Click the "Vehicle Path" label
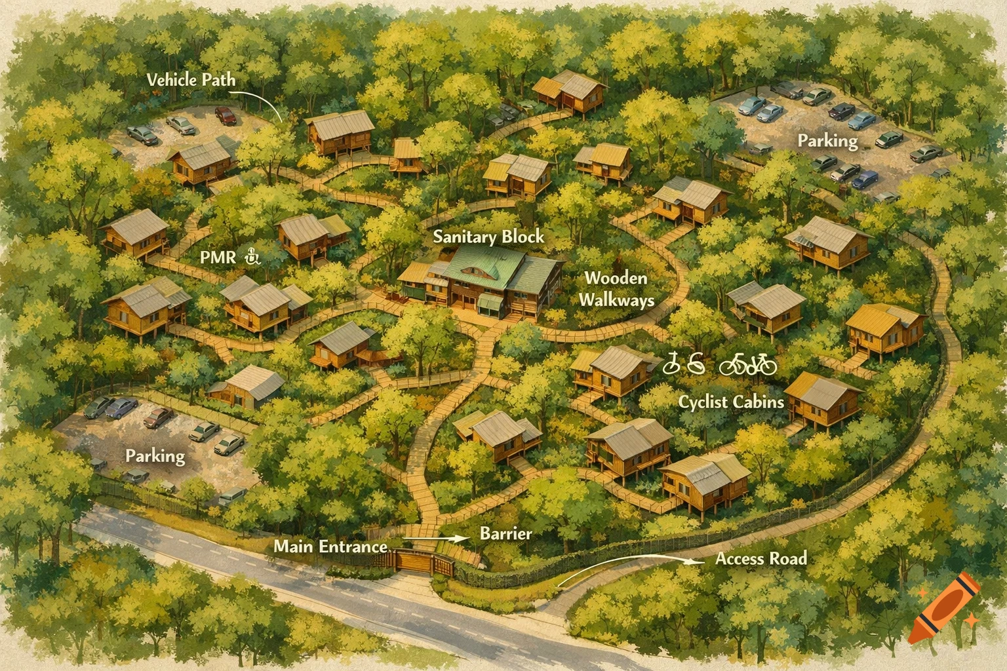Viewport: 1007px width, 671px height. point(191,80)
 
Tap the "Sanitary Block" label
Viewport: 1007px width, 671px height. point(488,237)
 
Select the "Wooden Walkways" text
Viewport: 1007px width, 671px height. point(616,289)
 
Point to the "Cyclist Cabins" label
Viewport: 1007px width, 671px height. point(731,401)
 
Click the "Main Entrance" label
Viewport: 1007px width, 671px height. point(330,546)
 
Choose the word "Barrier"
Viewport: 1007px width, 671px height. point(505,533)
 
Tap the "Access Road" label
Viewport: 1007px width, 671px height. point(760,559)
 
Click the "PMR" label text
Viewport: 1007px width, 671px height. point(217,258)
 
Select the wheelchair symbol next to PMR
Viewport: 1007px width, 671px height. point(252,257)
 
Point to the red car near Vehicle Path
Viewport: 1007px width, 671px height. point(226,116)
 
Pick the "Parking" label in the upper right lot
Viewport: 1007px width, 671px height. point(827,141)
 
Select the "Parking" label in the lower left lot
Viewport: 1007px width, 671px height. point(155,455)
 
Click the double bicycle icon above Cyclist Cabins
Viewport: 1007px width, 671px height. point(748,364)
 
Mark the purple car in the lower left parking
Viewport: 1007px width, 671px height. point(122,408)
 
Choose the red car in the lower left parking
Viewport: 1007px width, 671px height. point(159,416)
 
